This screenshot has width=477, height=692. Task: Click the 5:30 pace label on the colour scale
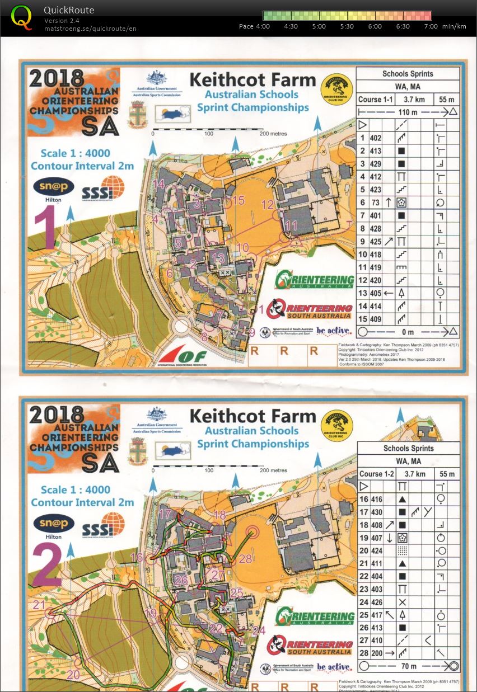pos(347,26)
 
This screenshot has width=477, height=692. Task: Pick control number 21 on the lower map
pos(39,605)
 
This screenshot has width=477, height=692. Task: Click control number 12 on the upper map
pos(268,204)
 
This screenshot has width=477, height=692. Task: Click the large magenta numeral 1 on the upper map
pos(45,230)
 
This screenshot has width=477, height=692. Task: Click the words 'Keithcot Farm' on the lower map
pos(252,416)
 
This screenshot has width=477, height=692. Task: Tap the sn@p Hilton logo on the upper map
pos(54,189)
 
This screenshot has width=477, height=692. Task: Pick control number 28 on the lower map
pos(245,558)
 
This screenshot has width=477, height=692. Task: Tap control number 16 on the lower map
pos(137,557)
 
